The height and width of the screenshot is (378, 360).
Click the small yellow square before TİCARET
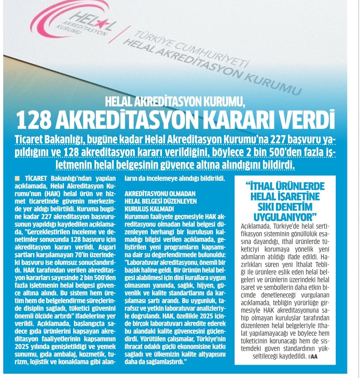pyautogui.click(x=17, y=178)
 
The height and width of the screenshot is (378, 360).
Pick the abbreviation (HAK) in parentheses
pyautogui.click(x=42, y=194)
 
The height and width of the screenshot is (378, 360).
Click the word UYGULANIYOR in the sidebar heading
pyautogui.click(x=285, y=217)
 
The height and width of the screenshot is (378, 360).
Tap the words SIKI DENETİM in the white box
pyautogui.click(x=285, y=207)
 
